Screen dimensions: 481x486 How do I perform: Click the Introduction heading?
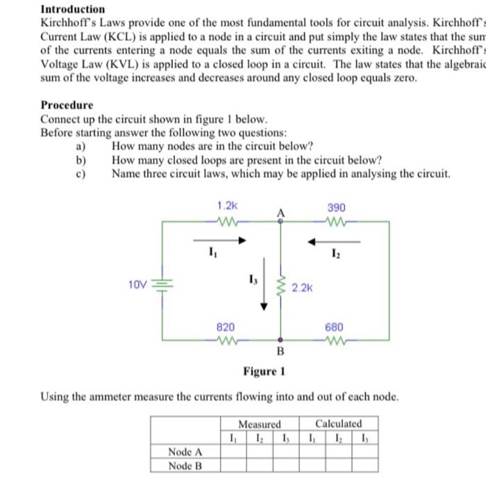[73, 9]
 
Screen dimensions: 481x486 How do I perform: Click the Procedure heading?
[67, 105]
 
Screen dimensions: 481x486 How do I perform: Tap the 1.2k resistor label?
[227, 206]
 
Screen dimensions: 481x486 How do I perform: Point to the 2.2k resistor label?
[303, 286]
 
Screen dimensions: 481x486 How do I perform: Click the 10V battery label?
[137, 284]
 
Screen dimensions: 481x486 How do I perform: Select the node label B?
[281, 350]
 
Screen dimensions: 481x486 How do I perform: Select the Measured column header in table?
[259, 423]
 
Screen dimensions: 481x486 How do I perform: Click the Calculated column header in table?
[338, 423]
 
